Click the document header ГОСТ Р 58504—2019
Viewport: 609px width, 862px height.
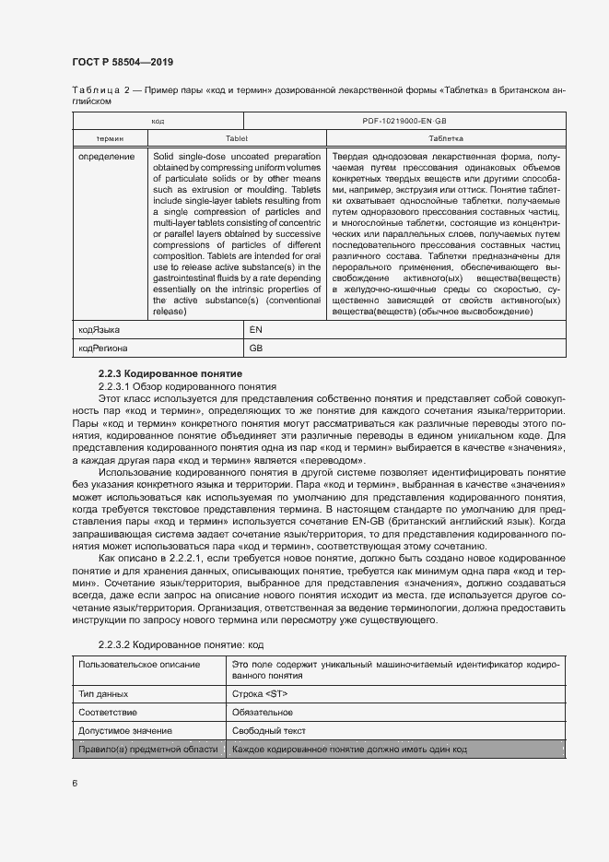[123, 62]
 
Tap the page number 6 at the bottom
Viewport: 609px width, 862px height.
[75, 783]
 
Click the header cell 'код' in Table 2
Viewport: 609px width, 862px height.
[158, 121]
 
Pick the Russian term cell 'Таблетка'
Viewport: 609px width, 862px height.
[446, 137]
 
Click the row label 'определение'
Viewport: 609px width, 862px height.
[107, 157]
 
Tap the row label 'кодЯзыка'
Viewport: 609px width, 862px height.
[100, 328]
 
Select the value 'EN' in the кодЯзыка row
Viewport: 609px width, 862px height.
[257, 328]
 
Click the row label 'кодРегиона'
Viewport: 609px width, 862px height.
[103, 348]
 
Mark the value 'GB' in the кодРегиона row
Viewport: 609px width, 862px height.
[257, 348]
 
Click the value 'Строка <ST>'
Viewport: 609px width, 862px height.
[260, 693]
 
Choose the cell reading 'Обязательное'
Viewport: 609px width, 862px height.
[263, 713]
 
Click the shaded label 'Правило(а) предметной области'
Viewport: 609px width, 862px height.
[148, 750]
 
